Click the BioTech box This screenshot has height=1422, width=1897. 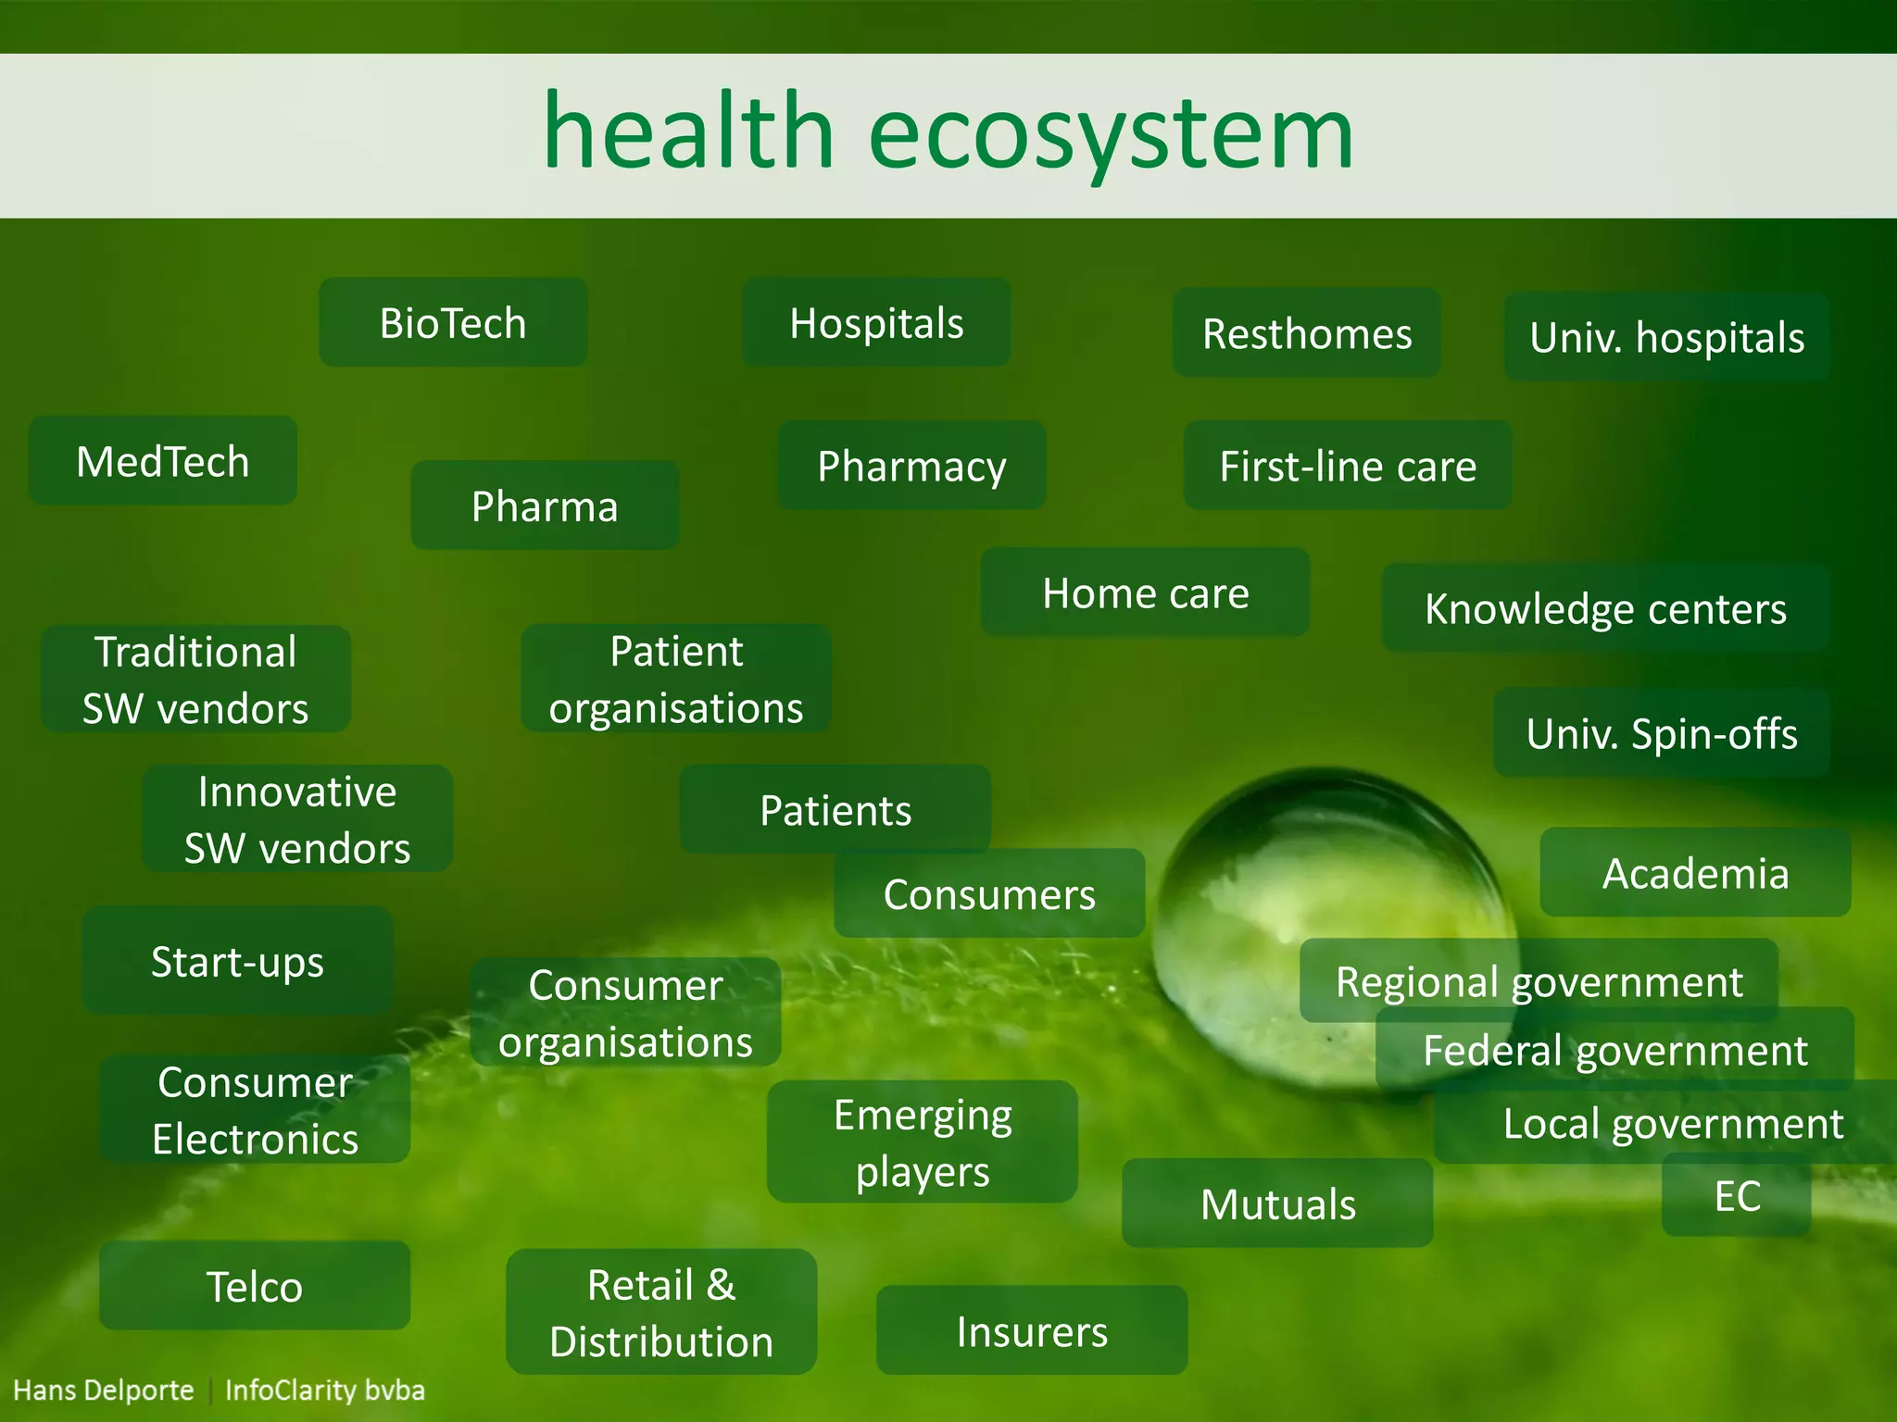click(x=453, y=322)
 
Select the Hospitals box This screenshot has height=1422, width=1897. click(x=876, y=322)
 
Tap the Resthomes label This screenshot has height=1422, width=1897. click(x=1306, y=333)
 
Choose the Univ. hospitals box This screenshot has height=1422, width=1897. click(x=1666, y=337)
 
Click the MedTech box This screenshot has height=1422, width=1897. click(x=163, y=461)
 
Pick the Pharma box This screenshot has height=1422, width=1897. click(x=545, y=505)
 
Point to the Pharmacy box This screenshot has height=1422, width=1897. click(x=911, y=465)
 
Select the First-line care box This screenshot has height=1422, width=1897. click(x=1348, y=465)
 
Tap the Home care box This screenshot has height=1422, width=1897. click(x=1145, y=592)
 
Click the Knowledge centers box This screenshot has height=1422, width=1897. click(x=1605, y=608)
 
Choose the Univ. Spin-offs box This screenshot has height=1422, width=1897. click(x=1662, y=732)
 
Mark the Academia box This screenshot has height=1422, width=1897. click(x=1695, y=872)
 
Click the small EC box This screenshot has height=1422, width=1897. click(x=1737, y=1195)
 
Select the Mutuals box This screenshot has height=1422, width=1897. click(x=1277, y=1204)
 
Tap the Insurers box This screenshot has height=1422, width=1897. click(x=1032, y=1330)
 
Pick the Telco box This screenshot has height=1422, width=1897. click(x=255, y=1286)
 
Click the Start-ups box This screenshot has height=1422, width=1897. click(x=238, y=961)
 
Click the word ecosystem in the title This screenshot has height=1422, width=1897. click(x=1111, y=134)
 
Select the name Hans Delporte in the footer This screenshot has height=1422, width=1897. click(x=104, y=1390)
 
